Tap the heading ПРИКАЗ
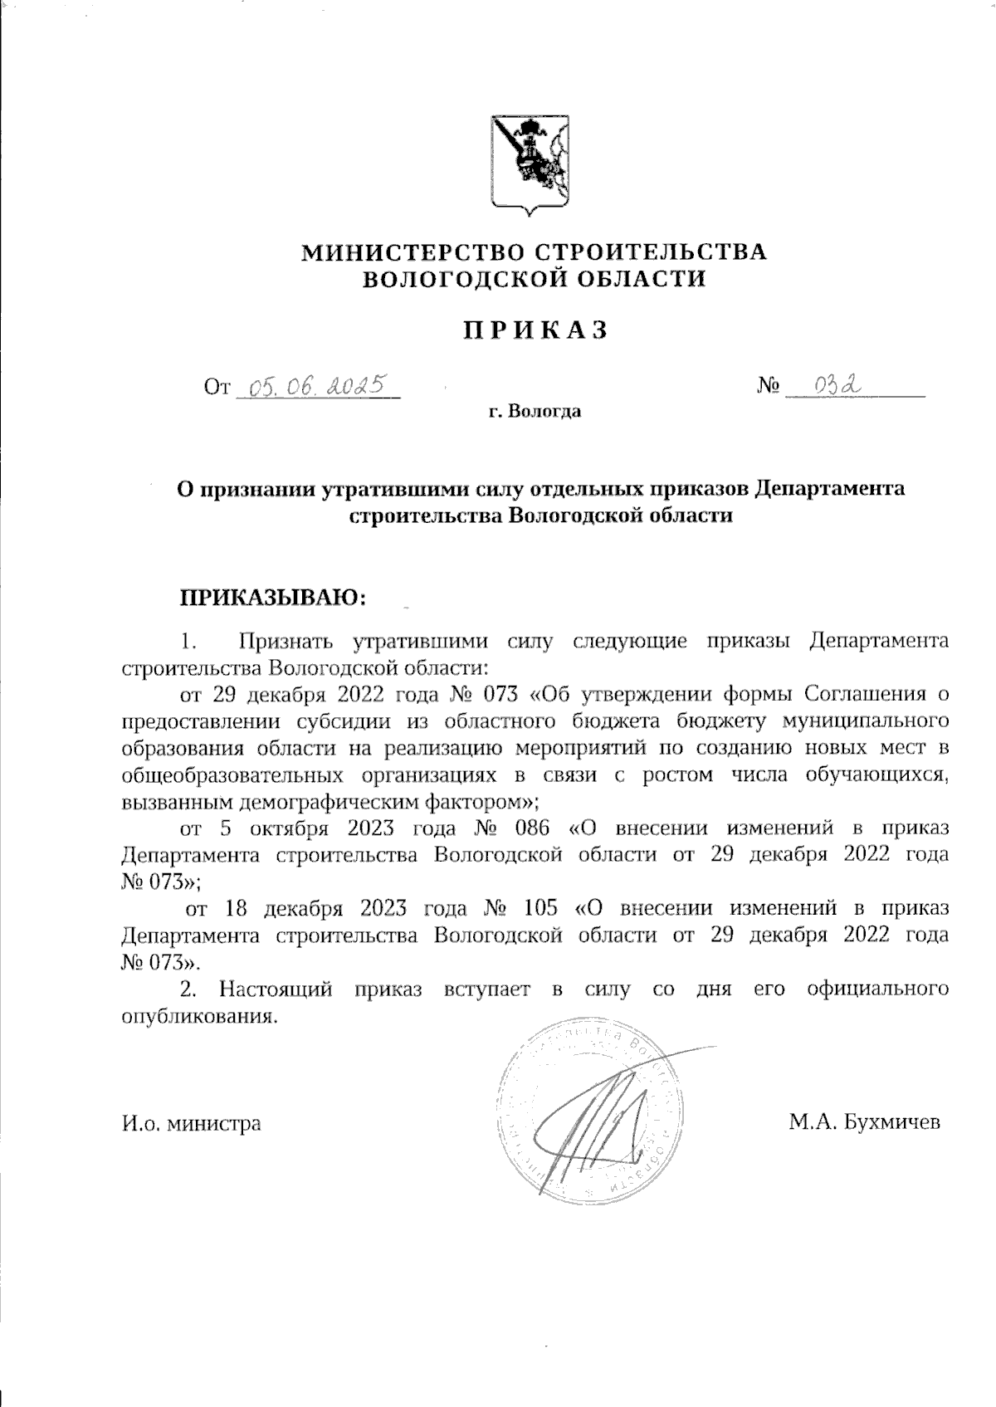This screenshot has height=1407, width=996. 535,330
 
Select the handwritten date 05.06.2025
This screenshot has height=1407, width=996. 319,386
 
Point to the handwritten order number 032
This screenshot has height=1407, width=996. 837,385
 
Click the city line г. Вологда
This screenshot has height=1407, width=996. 535,412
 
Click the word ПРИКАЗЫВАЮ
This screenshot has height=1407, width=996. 273,597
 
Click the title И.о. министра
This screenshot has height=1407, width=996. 191,1123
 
